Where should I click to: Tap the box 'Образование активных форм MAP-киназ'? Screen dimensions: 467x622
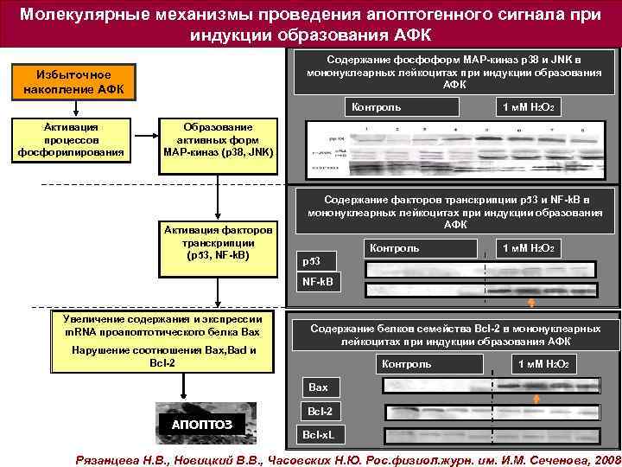219,139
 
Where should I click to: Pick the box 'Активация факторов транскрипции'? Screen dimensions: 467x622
219,244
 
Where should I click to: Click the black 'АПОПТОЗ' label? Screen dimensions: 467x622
200,423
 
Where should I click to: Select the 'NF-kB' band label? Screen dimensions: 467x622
321,283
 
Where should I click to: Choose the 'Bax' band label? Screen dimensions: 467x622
319,387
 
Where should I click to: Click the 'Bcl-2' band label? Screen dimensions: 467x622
320,409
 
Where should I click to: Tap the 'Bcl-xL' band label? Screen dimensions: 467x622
320,432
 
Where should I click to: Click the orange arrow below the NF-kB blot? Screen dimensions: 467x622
531,302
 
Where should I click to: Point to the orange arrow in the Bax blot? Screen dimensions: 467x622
536,396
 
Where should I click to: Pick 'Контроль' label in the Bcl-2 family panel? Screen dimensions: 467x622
406,364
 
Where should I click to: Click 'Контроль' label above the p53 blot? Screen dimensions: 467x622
394,248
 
